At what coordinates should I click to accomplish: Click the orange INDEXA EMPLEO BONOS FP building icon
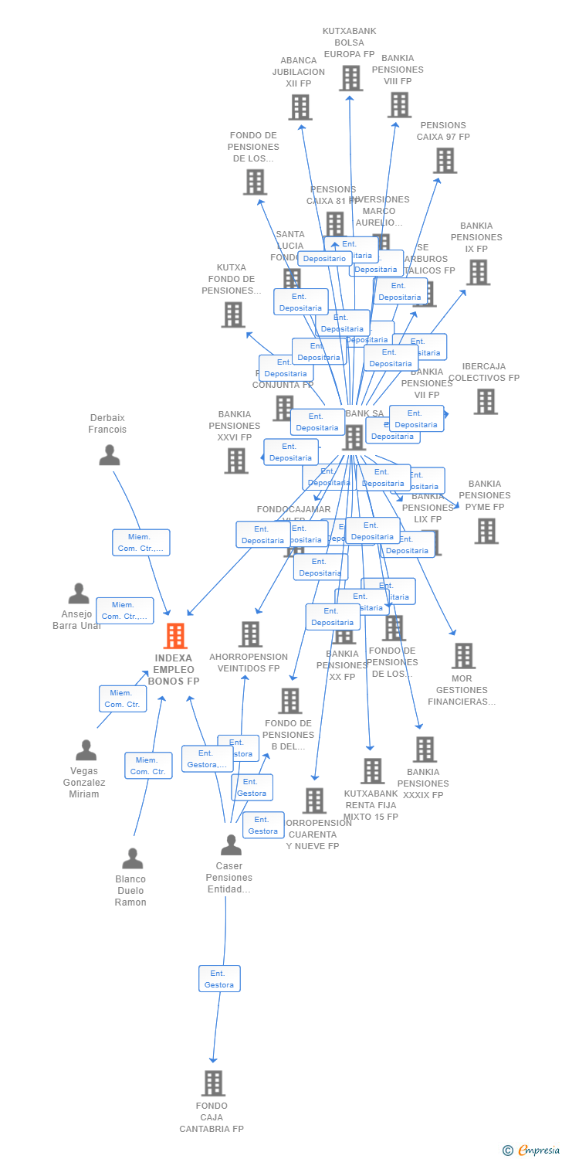(x=176, y=636)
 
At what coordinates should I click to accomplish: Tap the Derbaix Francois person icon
(x=110, y=455)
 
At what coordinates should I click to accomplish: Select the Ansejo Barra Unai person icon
(x=79, y=593)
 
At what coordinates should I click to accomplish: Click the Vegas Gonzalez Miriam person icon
(x=86, y=749)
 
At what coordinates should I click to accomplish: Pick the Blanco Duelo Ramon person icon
(x=133, y=858)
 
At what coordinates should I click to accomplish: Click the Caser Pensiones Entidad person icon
(x=231, y=845)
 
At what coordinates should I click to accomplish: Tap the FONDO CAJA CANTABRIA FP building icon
(x=213, y=1083)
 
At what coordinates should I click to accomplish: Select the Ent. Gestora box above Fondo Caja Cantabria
(x=219, y=979)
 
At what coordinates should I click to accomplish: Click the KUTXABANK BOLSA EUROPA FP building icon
(x=350, y=78)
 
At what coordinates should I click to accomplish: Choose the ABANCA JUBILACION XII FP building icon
(x=300, y=107)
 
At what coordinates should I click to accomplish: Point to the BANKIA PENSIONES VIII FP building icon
(x=399, y=104)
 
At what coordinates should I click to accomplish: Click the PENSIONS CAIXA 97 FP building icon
(x=445, y=160)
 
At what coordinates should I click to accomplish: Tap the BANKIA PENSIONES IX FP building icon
(x=478, y=272)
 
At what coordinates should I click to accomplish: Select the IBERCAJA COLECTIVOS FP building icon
(x=486, y=401)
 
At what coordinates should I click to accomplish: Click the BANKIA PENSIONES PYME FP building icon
(x=486, y=531)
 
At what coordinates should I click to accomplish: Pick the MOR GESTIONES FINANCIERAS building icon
(x=463, y=655)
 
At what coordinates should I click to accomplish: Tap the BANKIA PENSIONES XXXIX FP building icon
(x=425, y=749)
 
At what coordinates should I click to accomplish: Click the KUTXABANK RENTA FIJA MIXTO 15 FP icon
(x=373, y=770)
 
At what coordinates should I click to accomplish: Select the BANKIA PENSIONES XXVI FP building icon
(x=236, y=461)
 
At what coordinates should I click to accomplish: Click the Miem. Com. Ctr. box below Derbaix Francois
(x=140, y=542)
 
